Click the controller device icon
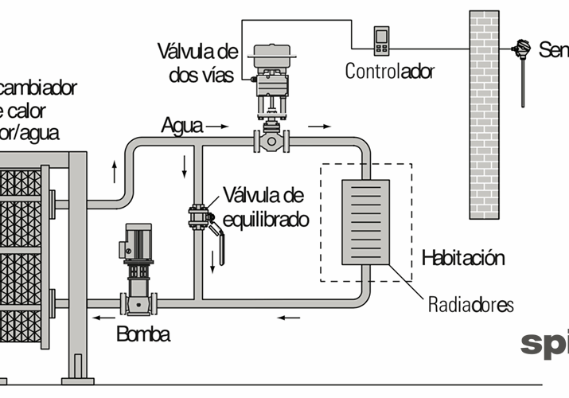click(382, 41)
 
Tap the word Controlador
click(390, 71)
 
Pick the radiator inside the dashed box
click(365, 222)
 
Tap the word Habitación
click(463, 258)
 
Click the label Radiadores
click(471, 304)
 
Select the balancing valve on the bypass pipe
click(198, 217)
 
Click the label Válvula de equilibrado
click(266, 207)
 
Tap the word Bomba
click(143, 334)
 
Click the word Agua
click(181, 126)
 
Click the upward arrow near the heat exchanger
click(114, 170)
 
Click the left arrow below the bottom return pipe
click(289, 318)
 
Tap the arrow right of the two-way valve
click(321, 126)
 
